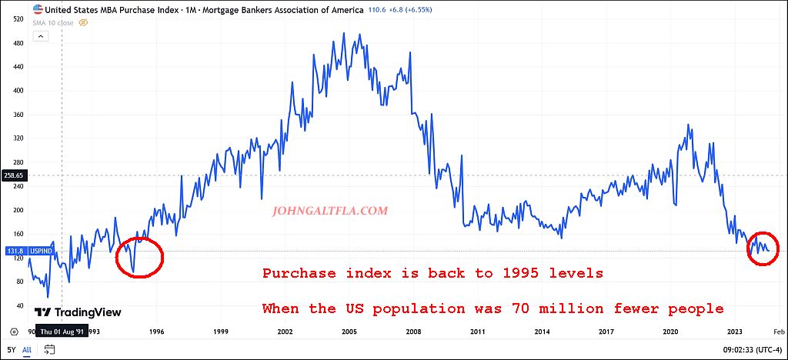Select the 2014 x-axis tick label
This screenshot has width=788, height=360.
(543, 332)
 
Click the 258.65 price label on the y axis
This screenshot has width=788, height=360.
(15, 175)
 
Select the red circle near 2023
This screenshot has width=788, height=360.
(763, 248)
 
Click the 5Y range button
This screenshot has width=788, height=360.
(12, 349)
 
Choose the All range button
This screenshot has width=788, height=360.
(27, 349)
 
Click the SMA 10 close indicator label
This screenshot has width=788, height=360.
(53, 23)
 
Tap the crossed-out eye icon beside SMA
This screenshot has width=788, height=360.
(84, 23)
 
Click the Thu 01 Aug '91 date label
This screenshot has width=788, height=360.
(62, 332)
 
